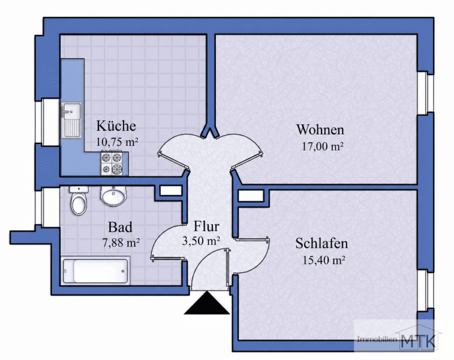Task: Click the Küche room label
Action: (116, 126)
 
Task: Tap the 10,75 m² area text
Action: (117, 142)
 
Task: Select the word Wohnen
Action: (320, 130)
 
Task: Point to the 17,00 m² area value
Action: (323, 146)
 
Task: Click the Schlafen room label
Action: (321, 243)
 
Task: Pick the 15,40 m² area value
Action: (324, 260)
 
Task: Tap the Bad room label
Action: (120, 227)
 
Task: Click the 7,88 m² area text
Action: (121, 242)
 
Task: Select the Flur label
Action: (206, 226)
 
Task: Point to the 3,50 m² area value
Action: (202, 241)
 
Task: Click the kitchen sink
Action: (71, 119)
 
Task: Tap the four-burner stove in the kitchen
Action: (115, 163)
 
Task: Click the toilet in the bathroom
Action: (79, 200)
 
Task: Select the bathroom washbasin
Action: (113, 196)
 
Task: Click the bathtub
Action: (97, 271)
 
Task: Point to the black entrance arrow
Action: (207, 303)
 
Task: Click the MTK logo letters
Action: (419, 341)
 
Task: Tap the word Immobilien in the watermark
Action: (377, 340)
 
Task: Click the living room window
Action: (426, 92)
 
